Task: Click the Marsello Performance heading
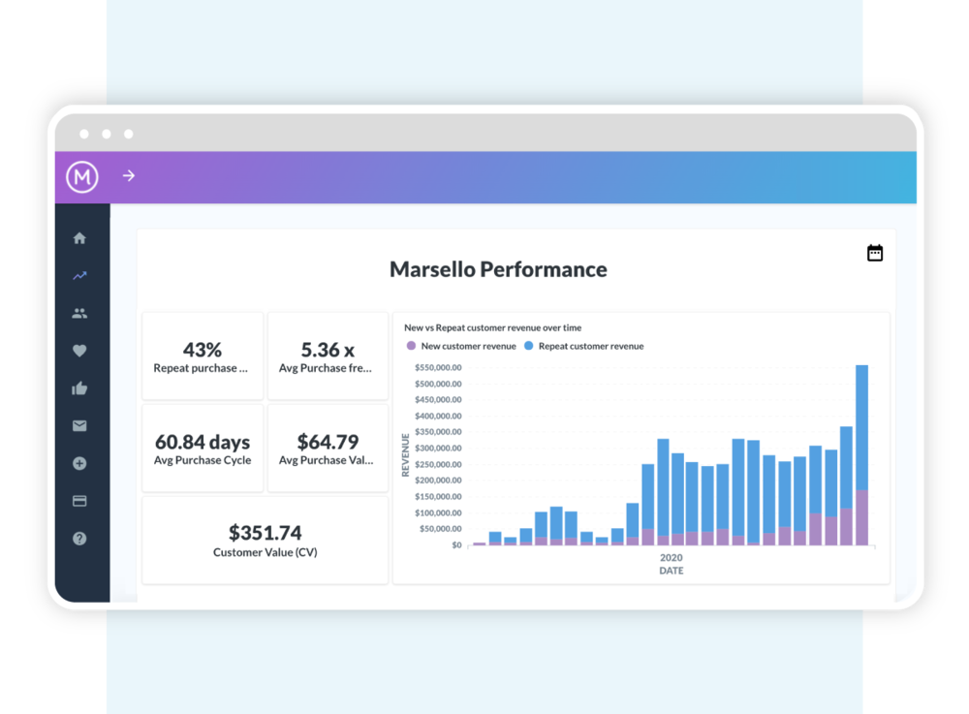[x=498, y=269]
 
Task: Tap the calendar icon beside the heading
[x=875, y=253]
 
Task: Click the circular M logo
[x=82, y=176]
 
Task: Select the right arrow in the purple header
[x=129, y=176]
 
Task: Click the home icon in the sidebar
[x=79, y=238]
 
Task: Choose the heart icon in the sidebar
[x=79, y=351]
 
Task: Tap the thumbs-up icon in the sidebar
[x=79, y=388]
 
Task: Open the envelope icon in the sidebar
[x=79, y=425]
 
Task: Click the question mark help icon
[x=79, y=539]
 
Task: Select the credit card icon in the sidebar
[x=79, y=501]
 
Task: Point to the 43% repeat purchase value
[x=203, y=350]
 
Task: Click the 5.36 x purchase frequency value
[x=328, y=350]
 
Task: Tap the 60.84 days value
[x=203, y=443]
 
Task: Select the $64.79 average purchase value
[x=328, y=443]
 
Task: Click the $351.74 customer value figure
[x=265, y=533]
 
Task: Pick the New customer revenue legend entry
[x=461, y=346]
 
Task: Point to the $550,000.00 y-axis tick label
[x=438, y=368]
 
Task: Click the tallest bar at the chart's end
[x=861, y=455]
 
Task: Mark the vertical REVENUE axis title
[x=406, y=455]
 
